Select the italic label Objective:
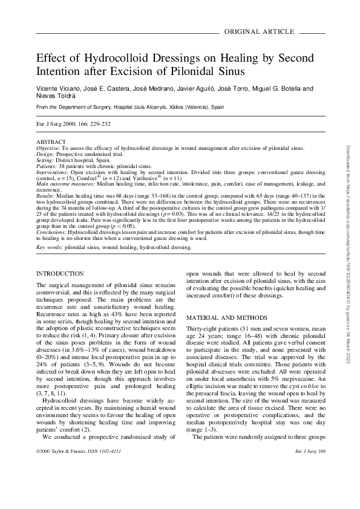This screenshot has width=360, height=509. (48, 146)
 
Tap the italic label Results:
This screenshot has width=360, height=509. (45, 196)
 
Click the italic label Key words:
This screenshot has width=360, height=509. (49, 247)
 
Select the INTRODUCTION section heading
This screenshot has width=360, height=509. (60, 274)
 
